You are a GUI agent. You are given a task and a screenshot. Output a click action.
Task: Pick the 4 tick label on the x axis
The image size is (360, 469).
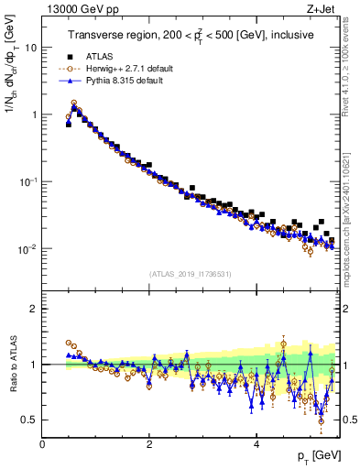tap(256, 442)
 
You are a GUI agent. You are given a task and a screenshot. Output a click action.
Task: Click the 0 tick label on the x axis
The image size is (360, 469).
tap(42, 442)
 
